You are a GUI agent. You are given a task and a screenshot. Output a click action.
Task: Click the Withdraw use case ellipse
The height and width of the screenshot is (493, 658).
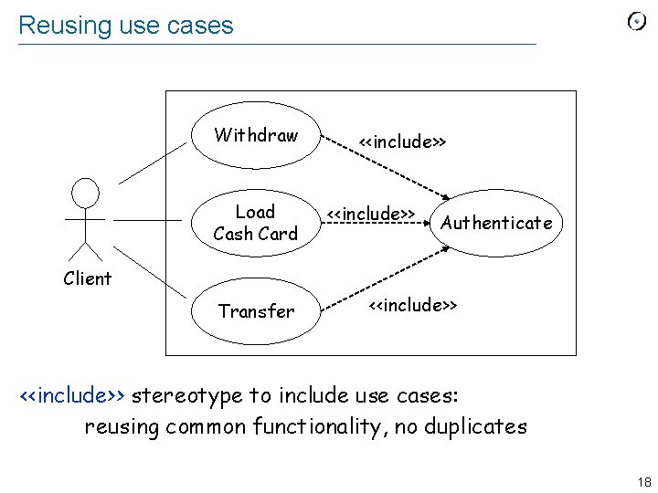[x=256, y=135]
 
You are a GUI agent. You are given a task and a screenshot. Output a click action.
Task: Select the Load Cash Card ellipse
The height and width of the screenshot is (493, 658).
[x=255, y=223]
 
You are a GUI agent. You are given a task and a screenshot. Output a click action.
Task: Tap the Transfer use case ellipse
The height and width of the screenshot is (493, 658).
[x=256, y=311]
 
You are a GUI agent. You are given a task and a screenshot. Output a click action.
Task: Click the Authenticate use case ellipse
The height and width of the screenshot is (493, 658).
[x=496, y=223]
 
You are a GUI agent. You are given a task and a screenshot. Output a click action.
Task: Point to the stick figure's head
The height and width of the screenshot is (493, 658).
[x=86, y=193]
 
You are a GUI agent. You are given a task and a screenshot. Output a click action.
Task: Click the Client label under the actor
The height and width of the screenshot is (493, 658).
[x=88, y=278]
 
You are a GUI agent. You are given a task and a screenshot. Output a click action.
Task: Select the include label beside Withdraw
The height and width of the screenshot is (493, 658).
[x=402, y=142]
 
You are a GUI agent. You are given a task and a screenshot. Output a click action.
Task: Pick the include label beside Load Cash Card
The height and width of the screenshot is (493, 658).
[x=371, y=214]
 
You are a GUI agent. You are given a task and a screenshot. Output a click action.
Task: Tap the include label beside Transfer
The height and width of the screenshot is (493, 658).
[x=412, y=304]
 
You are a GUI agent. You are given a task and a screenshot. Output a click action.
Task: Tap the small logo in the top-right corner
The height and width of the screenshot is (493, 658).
[x=636, y=22]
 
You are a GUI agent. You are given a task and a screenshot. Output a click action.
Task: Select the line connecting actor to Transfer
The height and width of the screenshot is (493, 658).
[x=152, y=275]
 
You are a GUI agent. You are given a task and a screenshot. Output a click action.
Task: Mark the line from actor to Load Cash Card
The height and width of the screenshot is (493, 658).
[x=148, y=220]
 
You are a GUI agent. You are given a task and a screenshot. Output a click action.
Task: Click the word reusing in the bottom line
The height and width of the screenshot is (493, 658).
[x=122, y=426]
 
